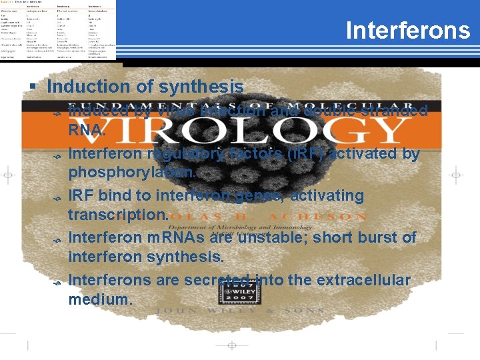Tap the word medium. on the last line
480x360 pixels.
coord(101,299)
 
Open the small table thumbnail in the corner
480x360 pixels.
coord(58,30)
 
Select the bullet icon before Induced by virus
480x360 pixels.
coord(57,115)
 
